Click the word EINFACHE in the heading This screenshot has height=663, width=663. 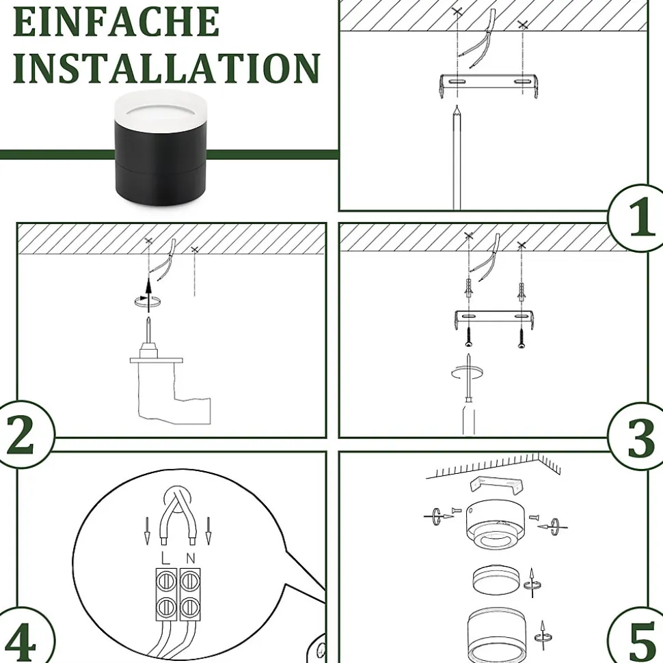pyautogui.click(x=116, y=21)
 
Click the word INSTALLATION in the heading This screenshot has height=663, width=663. pyautogui.click(x=166, y=68)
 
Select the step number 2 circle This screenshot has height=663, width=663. pyautogui.click(x=22, y=434)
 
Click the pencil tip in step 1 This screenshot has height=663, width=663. pyautogui.click(x=457, y=106)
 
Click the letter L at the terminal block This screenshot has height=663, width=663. pyautogui.click(x=165, y=558)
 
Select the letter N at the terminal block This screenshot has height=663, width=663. pyautogui.click(x=191, y=558)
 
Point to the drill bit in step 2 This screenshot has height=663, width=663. pyautogui.click(x=148, y=330)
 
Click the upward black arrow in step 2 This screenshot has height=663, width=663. pyautogui.click(x=148, y=295)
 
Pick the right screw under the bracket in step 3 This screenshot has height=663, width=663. pyautogui.click(x=522, y=338)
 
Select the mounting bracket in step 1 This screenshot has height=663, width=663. pyautogui.click(x=489, y=85)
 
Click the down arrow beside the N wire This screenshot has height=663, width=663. pyautogui.click(x=208, y=531)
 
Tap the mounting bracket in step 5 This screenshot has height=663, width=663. pyautogui.click(x=496, y=485)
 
